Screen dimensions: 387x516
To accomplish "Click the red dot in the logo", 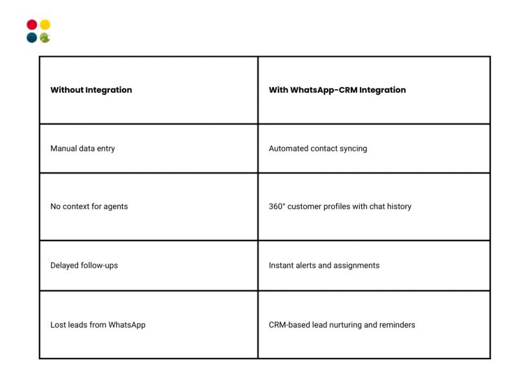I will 32,25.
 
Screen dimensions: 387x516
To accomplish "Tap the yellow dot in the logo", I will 45,25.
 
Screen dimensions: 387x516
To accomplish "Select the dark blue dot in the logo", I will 32,37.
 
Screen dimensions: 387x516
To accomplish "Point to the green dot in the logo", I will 45,37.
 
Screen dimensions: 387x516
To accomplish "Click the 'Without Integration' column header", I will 91,90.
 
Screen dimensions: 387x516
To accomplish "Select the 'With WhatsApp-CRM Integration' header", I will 337,90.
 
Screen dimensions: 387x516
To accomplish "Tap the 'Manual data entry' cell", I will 83,148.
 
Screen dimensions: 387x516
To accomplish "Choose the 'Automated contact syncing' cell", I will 318,148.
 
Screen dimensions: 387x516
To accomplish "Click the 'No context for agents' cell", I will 89,206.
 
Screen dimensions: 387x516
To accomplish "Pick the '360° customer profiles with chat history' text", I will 340,206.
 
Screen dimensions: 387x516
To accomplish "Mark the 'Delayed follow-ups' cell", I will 84,265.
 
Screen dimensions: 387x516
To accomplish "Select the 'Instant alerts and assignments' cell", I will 324,265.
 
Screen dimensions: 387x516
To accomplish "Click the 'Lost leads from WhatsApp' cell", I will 97,324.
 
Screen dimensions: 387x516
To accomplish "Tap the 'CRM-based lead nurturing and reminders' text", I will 342,324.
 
